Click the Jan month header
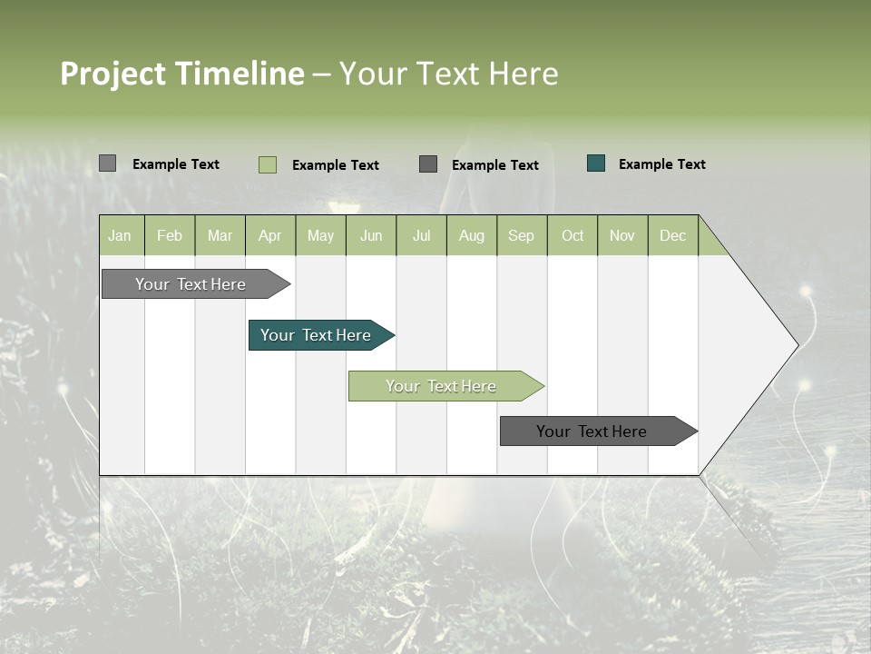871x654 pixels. click(120, 235)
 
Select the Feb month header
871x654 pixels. click(170, 235)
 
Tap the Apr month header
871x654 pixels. click(269, 235)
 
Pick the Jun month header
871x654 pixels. click(371, 235)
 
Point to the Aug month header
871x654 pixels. click(471, 235)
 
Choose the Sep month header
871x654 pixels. click(521, 235)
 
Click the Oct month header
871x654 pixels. click(573, 235)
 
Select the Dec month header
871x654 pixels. click(672, 235)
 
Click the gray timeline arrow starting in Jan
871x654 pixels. click(191, 284)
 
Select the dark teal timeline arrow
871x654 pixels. click(316, 335)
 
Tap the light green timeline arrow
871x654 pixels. click(441, 386)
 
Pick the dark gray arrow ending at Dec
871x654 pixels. click(592, 431)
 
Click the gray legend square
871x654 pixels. click(107, 163)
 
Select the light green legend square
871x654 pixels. click(267, 164)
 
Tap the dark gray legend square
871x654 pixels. click(428, 163)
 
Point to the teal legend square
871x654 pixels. click(595, 163)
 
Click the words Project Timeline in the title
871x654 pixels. click(181, 74)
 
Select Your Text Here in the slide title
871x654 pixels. click(448, 74)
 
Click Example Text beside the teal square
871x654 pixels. click(661, 164)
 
